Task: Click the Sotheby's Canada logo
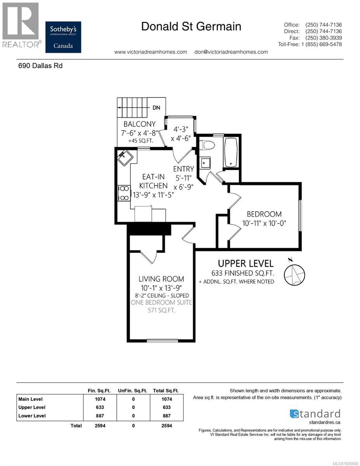(x=63, y=37)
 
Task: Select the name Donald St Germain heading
(x=191, y=26)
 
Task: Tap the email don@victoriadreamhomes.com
(x=231, y=52)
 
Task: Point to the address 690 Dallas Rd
(x=40, y=66)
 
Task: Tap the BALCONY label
(x=139, y=124)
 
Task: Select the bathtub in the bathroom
(x=231, y=152)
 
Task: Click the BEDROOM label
(x=264, y=214)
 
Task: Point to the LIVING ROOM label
(x=161, y=279)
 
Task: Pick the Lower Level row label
(x=32, y=416)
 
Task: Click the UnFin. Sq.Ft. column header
(x=133, y=390)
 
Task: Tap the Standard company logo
(x=315, y=414)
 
